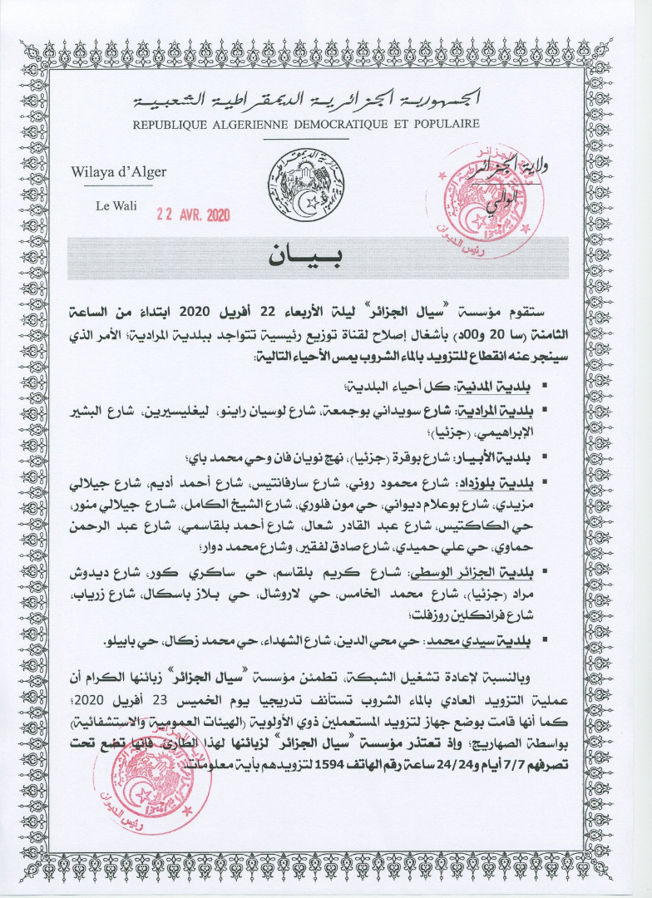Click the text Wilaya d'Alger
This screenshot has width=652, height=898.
(119, 172)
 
